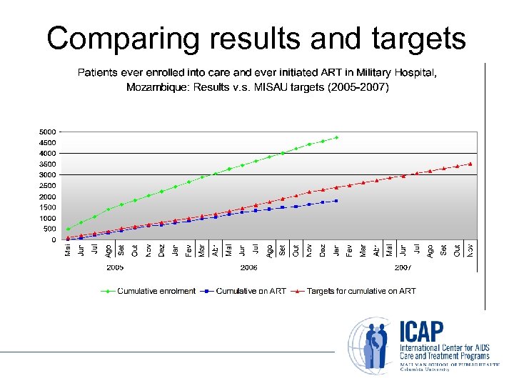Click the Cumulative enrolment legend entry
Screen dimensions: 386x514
point(156,291)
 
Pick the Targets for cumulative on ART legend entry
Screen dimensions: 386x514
point(361,291)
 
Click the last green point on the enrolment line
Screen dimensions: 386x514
point(336,137)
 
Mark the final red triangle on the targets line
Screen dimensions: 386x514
point(470,164)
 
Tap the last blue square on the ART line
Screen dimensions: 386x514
point(336,201)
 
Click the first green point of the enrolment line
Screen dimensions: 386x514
point(68,229)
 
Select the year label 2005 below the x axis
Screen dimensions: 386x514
point(115,267)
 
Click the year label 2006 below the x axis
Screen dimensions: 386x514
point(248,267)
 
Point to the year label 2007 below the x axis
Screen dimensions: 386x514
point(403,267)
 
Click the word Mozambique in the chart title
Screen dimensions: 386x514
point(154,88)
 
